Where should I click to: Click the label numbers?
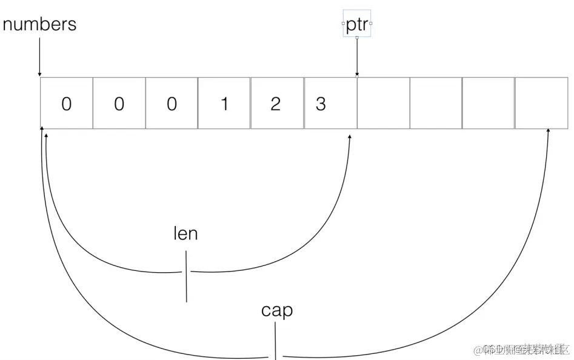point(39,24)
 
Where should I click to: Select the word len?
point(185,233)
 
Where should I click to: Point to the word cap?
point(277,310)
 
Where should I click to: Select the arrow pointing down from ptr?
point(357,57)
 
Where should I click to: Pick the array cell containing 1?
point(224,104)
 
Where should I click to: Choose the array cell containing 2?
point(277,104)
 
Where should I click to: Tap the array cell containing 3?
point(330,104)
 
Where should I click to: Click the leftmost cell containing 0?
point(66,104)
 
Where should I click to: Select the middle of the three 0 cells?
point(119,104)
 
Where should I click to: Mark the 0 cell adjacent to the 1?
point(172,104)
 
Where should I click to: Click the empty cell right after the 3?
point(383,104)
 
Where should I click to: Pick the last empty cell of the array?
point(541,104)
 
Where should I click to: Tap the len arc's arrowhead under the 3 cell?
point(350,138)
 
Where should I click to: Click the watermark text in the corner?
point(522,350)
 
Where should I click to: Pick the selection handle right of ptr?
point(370,24)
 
